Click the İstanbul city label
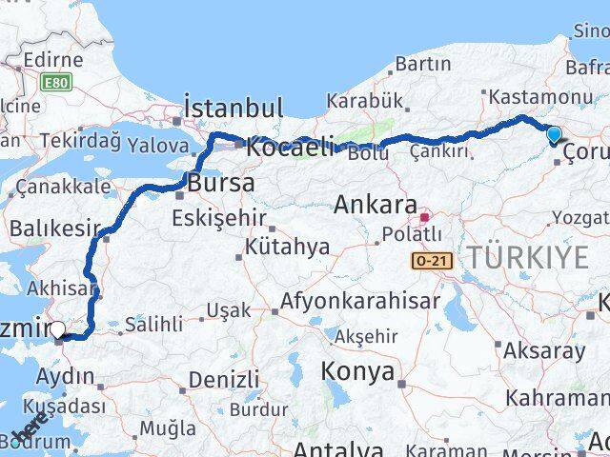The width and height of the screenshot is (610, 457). coord(234,107)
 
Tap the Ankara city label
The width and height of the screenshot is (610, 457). coord(376,205)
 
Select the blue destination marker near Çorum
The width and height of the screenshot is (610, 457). coord(555,136)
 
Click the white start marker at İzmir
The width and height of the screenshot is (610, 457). coord(58,330)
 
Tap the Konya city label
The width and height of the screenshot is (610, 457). coord(357,371)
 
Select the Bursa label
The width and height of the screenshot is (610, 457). coord(221,182)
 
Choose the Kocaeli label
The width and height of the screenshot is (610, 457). coord(291,147)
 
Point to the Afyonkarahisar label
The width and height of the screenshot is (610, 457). coord(360,302)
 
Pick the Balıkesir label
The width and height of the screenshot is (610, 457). coord(54,228)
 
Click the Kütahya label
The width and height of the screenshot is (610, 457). coord(287,247)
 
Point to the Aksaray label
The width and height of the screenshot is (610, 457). coord(546,350)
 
